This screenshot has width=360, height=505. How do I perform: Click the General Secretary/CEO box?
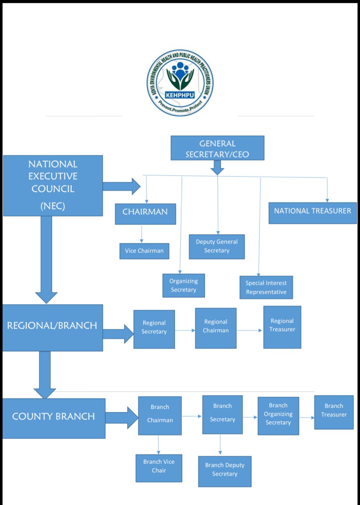pos(217,148)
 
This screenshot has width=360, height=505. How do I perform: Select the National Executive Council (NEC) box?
pos(53,186)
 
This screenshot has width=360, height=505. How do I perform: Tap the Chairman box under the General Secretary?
pos(145,214)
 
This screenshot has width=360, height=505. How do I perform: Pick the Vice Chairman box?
pos(144,251)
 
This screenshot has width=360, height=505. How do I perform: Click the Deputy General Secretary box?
pos(216,247)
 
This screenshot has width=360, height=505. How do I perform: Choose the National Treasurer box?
pos(312,213)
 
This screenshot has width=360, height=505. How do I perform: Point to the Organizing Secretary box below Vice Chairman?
pos(183,285)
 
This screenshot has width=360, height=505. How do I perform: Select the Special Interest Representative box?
pos(266,288)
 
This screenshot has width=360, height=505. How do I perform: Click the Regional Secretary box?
pos(154,329)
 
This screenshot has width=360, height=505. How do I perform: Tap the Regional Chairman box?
pos(215,328)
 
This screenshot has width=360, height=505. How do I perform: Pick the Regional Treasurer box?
pos(282,327)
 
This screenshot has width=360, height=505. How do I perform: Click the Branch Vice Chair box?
pos(159,468)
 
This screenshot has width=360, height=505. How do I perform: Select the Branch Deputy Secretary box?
pos(225,471)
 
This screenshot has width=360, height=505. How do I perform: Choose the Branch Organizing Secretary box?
pos(278,416)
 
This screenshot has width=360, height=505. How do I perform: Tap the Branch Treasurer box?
pos(333,412)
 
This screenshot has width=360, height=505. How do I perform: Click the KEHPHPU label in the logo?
pos(180,95)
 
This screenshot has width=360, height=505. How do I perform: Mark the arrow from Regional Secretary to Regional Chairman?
pos(185,330)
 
